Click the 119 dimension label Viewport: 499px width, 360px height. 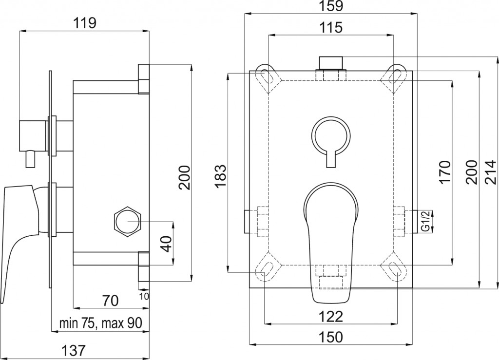click(x=85, y=22)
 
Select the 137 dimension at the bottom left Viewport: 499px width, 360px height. click(x=74, y=350)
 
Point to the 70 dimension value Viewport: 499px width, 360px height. click(x=111, y=301)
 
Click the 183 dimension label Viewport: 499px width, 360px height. click(x=220, y=176)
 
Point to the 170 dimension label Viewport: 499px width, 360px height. click(x=445, y=171)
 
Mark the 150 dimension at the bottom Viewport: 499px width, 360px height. click(x=331, y=337)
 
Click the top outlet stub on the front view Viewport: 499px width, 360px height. click(x=331, y=63)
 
